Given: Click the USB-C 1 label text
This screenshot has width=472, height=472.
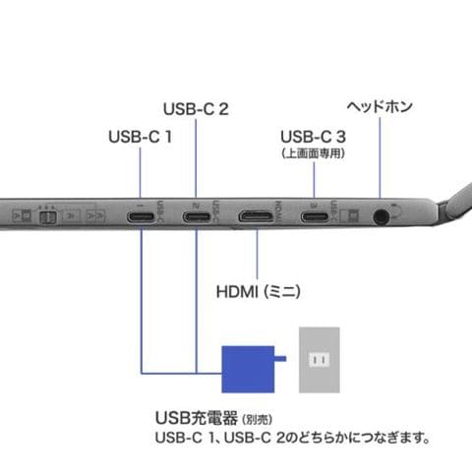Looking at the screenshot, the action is pyautogui.click(x=141, y=137).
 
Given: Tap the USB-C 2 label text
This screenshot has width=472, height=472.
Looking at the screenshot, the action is pyautogui.click(x=196, y=109).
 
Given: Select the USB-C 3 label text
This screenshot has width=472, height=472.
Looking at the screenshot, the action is pyautogui.click(x=313, y=137).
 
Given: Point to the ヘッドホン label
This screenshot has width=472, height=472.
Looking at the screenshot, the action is pyautogui.click(x=380, y=106).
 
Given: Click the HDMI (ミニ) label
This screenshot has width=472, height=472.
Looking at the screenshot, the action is pyautogui.click(x=259, y=291).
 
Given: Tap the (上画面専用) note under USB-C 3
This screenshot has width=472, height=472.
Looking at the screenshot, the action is pyautogui.click(x=314, y=153).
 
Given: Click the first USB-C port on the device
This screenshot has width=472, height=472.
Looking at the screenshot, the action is pyautogui.click(x=141, y=217).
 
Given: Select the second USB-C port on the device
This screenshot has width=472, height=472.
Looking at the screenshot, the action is pyautogui.click(x=197, y=217).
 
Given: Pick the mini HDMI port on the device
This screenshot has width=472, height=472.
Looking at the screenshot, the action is pyautogui.click(x=256, y=216).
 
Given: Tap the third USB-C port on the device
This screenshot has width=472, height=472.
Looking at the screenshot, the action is pyautogui.click(x=315, y=217).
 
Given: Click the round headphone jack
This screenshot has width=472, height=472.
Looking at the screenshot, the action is pyautogui.click(x=381, y=217).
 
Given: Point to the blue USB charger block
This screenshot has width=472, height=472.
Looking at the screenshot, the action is pyautogui.click(x=248, y=369).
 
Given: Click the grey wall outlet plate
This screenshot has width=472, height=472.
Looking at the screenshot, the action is pyautogui.click(x=320, y=360).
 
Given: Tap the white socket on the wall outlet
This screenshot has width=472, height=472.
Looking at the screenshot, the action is pyautogui.click(x=320, y=360).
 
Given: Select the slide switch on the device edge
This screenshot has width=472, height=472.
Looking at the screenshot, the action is pyautogui.click(x=47, y=217).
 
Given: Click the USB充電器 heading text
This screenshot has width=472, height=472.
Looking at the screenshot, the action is pyautogui.click(x=197, y=418).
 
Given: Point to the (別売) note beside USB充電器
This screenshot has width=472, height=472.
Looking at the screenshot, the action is pyautogui.click(x=257, y=420).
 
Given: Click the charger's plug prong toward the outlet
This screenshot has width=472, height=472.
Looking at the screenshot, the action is pyautogui.click(x=280, y=359).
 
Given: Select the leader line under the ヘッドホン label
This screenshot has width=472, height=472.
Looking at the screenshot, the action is pyautogui.click(x=380, y=157).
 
